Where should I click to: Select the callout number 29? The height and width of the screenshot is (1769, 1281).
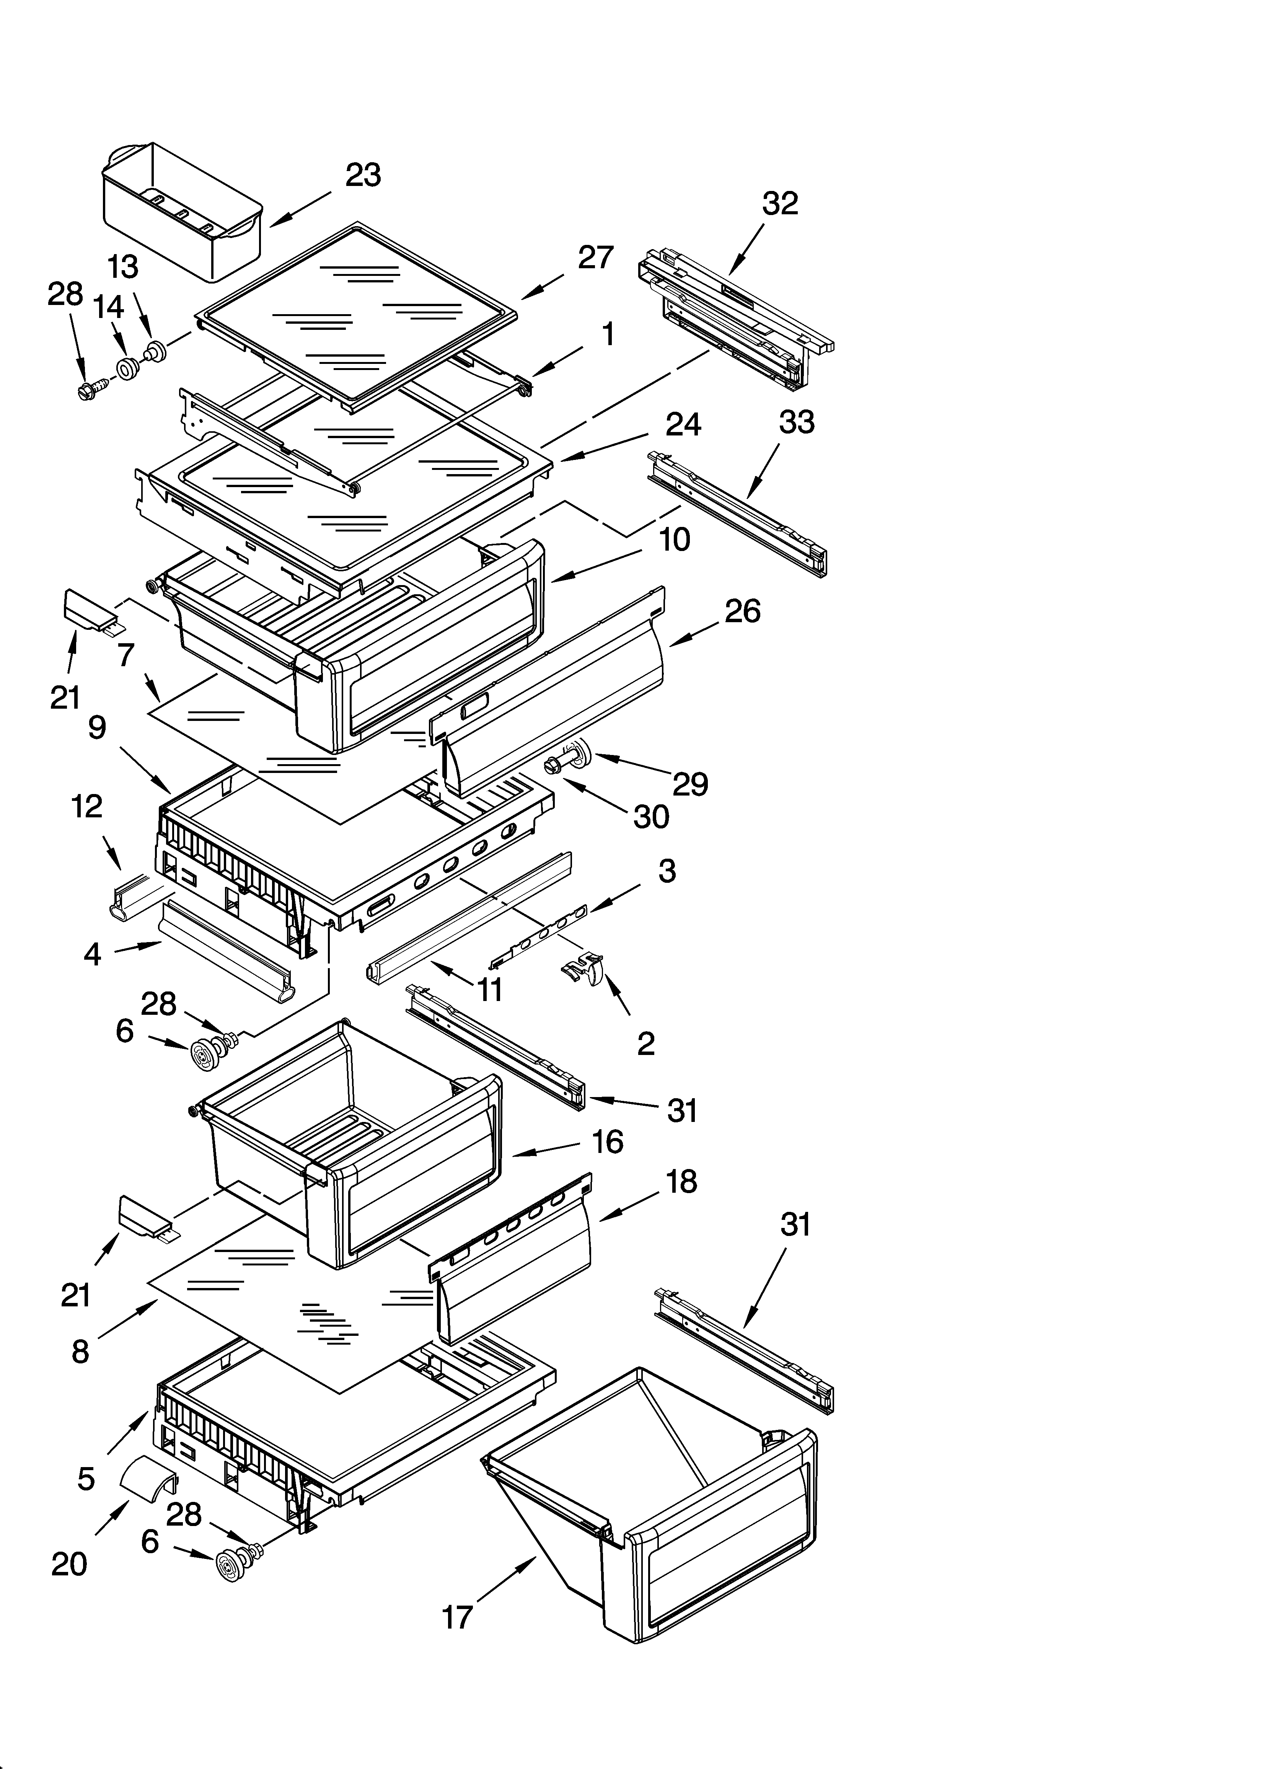tap(690, 784)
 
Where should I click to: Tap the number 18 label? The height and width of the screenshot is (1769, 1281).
tap(681, 1182)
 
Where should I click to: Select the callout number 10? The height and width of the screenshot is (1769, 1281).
tap(675, 540)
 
